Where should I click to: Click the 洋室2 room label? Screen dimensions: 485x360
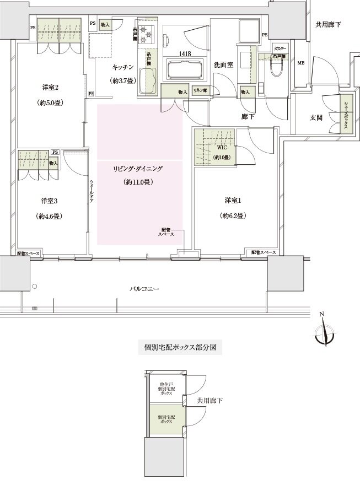coord(50,88)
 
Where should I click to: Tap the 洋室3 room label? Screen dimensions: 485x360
coord(50,200)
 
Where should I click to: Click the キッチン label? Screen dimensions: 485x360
coord(122,67)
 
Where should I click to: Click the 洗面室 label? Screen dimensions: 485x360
coord(223,65)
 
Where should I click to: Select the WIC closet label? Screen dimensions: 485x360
coord(222,148)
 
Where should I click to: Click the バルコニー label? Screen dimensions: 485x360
coord(145,288)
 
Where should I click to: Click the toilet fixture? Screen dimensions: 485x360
coord(276,69)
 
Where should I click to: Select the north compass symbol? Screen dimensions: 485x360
coord(325,333)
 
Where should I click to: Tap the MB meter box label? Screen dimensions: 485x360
coord(300,63)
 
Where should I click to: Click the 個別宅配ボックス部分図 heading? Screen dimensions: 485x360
coord(179,348)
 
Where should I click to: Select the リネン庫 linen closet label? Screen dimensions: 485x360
coord(200,90)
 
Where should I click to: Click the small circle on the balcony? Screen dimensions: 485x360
coord(34,287)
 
